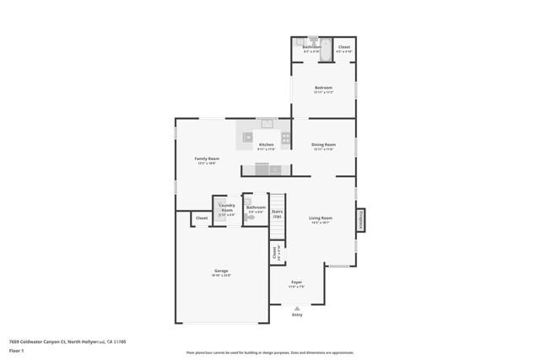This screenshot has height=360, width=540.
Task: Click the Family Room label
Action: [x=207, y=159]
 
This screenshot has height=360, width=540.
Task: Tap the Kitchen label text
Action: [x=266, y=144]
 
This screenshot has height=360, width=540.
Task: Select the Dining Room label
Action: [x=323, y=144]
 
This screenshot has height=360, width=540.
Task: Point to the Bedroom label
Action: [x=323, y=88]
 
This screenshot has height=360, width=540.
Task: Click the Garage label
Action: [x=221, y=271]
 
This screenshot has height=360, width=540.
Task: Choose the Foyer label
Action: [x=297, y=282]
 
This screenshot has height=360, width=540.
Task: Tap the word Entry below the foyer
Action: [x=297, y=315]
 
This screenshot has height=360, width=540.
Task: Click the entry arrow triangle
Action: [x=297, y=309]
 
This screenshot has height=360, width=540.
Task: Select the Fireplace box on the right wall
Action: [x=360, y=220]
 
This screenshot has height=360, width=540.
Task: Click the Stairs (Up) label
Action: [x=277, y=213]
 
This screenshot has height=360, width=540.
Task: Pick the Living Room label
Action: [x=321, y=218]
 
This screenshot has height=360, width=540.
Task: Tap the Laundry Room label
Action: [x=227, y=207]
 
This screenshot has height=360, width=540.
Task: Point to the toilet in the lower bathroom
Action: [x=250, y=218]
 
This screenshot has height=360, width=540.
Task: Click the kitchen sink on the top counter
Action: [x=267, y=124]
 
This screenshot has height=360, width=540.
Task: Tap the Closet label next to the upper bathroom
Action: [x=344, y=47]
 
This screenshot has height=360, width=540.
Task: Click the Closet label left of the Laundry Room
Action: [x=202, y=218]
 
